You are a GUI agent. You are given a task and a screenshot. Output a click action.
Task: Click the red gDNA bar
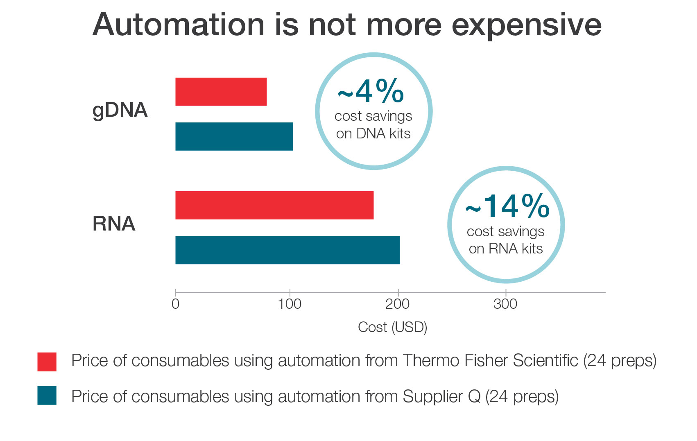(x=221, y=92)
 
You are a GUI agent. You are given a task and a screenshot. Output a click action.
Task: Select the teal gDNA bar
(x=234, y=136)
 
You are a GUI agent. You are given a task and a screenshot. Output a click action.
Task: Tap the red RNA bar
(x=274, y=205)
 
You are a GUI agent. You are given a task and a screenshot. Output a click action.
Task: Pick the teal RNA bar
(x=287, y=250)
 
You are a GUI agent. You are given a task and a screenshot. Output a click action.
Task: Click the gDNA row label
(x=120, y=110)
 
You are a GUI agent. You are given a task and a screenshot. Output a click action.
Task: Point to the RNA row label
(x=114, y=224)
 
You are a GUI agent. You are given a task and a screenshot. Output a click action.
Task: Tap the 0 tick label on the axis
(x=175, y=304)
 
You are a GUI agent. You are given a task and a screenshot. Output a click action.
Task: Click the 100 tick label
(x=290, y=304)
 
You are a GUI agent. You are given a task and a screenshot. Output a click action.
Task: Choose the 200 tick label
(x=397, y=304)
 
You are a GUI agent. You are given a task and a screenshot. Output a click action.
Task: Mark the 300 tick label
(x=505, y=304)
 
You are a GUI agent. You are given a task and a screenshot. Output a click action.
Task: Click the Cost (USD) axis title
(x=392, y=327)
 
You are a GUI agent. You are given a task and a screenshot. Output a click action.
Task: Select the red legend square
(x=47, y=362)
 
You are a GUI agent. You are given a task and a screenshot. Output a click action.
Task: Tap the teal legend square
(x=47, y=395)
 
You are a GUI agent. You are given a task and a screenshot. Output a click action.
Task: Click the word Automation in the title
(x=179, y=25)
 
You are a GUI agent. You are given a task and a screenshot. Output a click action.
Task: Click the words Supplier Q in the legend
(x=441, y=396)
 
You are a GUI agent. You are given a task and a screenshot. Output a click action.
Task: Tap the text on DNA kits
(x=373, y=133)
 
